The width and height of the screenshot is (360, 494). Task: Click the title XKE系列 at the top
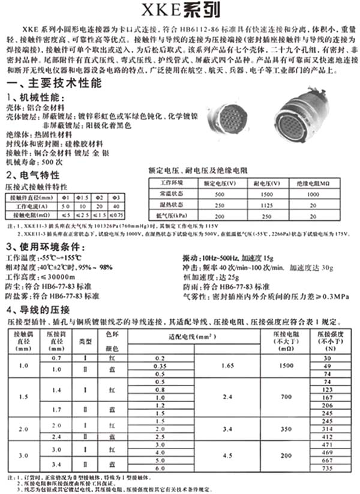pyautogui.click(x=181, y=10)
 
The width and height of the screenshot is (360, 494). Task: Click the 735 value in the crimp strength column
pyautogui.click(x=327, y=468)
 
